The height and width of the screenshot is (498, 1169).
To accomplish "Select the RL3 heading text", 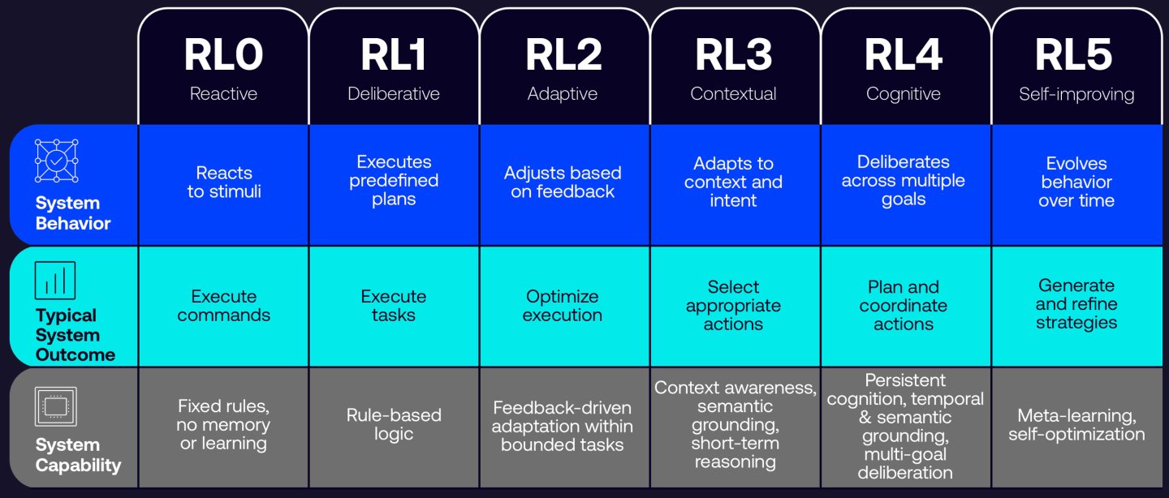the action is coord(733,55).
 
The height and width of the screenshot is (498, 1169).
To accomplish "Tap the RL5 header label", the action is coord(1073,55).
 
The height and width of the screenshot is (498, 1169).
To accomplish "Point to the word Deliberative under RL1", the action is coord(394,94).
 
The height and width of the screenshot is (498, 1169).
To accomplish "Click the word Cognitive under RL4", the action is coord(904,94).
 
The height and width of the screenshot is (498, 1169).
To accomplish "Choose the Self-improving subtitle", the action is coord(1076,94).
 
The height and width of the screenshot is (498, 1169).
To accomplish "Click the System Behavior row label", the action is coord(73,213).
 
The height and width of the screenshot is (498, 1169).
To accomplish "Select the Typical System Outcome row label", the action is coord(75,335).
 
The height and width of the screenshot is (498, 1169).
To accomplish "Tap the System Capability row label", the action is coord(78,455).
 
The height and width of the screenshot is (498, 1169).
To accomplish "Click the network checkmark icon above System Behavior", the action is coord(56,161).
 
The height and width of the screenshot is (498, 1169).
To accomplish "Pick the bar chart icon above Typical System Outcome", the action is coord(55,281).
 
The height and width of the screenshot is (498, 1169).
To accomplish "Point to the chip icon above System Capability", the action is coord(56,406).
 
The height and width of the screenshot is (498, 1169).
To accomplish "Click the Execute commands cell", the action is coord(224,306).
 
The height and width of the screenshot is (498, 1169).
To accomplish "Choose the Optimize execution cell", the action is coord(563,306).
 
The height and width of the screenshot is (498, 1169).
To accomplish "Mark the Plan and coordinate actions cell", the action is coord(904,306).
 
